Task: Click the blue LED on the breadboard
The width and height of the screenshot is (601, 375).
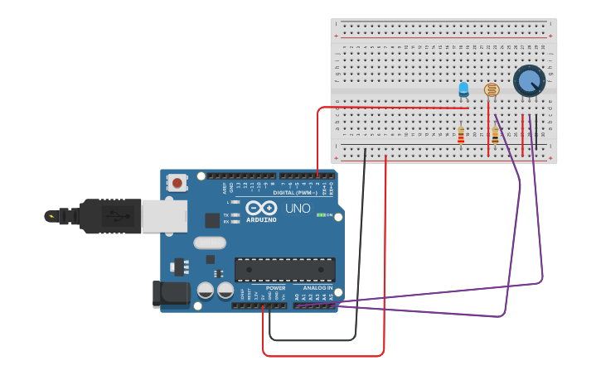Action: click(x=463, y=89)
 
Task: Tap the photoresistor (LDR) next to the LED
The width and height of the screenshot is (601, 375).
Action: click(x=491, y=89)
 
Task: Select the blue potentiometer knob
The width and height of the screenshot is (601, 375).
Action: click(x=528, y=81)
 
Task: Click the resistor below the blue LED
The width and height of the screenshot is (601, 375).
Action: click(x=461, y=134)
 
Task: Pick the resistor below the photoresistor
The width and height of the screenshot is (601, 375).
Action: click(x=495, y=135)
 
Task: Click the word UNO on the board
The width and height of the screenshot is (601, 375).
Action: click(x=298, y=208)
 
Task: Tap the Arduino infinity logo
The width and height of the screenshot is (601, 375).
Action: click(x=260, y=209)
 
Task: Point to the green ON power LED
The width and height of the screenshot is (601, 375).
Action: click(x=320, y=215)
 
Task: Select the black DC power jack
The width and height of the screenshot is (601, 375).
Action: click(x=167, y=295)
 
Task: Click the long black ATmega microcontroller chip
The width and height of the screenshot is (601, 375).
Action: click(x=285, y=270)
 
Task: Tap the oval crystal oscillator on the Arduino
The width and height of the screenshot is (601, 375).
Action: click(x=210, y=243)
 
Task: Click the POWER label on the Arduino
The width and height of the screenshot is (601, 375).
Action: click(x=275, y=288)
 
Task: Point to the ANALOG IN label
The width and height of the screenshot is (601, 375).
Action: click(x=317, y=288)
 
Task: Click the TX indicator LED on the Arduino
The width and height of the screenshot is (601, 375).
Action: click(x=235, y=214)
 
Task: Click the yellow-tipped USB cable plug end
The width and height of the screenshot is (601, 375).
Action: click(x=52, y=217)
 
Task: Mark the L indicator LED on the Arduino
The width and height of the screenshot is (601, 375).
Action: click(x=235, y=202)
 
